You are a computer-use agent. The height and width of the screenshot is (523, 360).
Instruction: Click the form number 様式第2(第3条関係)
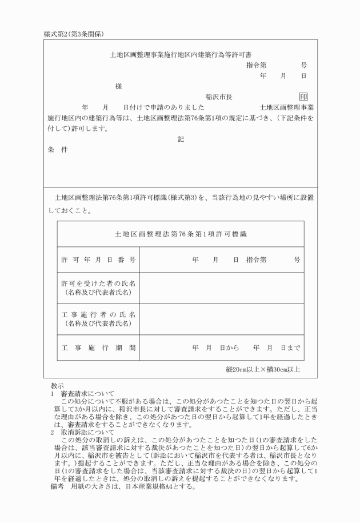coord(73,34)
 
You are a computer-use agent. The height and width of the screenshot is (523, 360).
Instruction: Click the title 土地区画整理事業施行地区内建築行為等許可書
coord(180,56)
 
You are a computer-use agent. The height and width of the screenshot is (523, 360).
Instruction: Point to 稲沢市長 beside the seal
coord(219,97)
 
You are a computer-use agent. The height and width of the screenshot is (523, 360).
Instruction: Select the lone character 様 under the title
coord(118,86)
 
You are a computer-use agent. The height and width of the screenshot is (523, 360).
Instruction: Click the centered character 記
coord(181,138)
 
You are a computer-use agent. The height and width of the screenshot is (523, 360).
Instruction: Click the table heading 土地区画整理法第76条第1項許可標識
coord(181,234)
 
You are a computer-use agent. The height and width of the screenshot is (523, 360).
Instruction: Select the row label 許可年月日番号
coord(98,260)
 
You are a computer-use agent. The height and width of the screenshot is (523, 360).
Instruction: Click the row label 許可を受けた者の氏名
coord(98,284)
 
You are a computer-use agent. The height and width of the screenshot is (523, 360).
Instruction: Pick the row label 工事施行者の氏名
coord(98,315)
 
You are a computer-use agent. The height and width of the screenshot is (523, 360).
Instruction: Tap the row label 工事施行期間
coord(98,347)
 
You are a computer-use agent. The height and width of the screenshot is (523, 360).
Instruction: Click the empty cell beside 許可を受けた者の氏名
coord(222,288)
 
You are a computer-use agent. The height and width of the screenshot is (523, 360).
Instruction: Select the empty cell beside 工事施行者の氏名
coord(222,319)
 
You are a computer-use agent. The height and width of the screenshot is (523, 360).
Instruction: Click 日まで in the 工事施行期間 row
coord(290,347)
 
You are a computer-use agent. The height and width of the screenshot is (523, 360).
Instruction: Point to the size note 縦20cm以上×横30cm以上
coord(263,369)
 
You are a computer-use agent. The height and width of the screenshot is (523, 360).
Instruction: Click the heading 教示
coord(57,385)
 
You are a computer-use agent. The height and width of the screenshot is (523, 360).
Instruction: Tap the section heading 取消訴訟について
coord(89,432)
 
